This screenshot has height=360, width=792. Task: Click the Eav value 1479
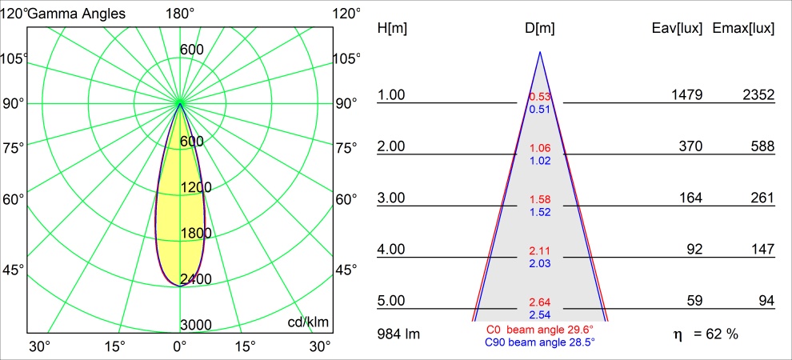pos(686,95)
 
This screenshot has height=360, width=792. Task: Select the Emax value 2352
pos(758,95)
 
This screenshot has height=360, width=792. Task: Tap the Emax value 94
pos(766,301)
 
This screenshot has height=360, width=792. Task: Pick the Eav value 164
pos(691,198)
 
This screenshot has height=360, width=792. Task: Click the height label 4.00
pos(392,250)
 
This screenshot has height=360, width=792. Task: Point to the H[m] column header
pos(392,28)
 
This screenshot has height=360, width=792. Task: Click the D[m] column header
pos(540,28)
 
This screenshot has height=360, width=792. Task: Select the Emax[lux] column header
pos(743,28)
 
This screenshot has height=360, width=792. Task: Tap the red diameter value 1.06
pos(540,149)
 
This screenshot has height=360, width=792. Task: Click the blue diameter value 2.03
pos(540,263)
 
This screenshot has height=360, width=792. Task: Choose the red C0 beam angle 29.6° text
pos(540,329)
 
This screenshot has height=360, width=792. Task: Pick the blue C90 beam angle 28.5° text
pos(540,342)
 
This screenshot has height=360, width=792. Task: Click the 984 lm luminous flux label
pos(398,333)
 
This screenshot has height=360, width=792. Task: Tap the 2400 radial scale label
pos(196,279)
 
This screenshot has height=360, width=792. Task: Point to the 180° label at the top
pos(180,14)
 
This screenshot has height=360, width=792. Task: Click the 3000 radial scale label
pos(196,325)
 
